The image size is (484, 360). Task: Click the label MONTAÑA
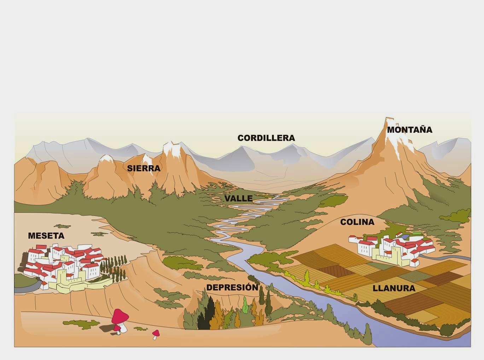click(x=409, y=130)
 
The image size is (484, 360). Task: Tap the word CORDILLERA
click(x=266, y=138)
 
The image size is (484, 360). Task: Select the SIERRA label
click(x=144, y=168)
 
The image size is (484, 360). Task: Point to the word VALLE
click(x=239, y=198)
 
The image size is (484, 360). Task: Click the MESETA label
click(x=46, y=236)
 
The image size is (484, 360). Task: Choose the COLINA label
click(x=357, y=222)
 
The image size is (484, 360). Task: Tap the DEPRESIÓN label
click(x=232, y=288)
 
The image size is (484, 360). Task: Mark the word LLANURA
click(x=394, y=288)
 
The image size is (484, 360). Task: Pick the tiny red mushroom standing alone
click(x=156, y=333)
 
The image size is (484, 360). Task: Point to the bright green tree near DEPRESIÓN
click(x=245, y=305)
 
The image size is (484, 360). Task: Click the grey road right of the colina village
click(x=449, y=257)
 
